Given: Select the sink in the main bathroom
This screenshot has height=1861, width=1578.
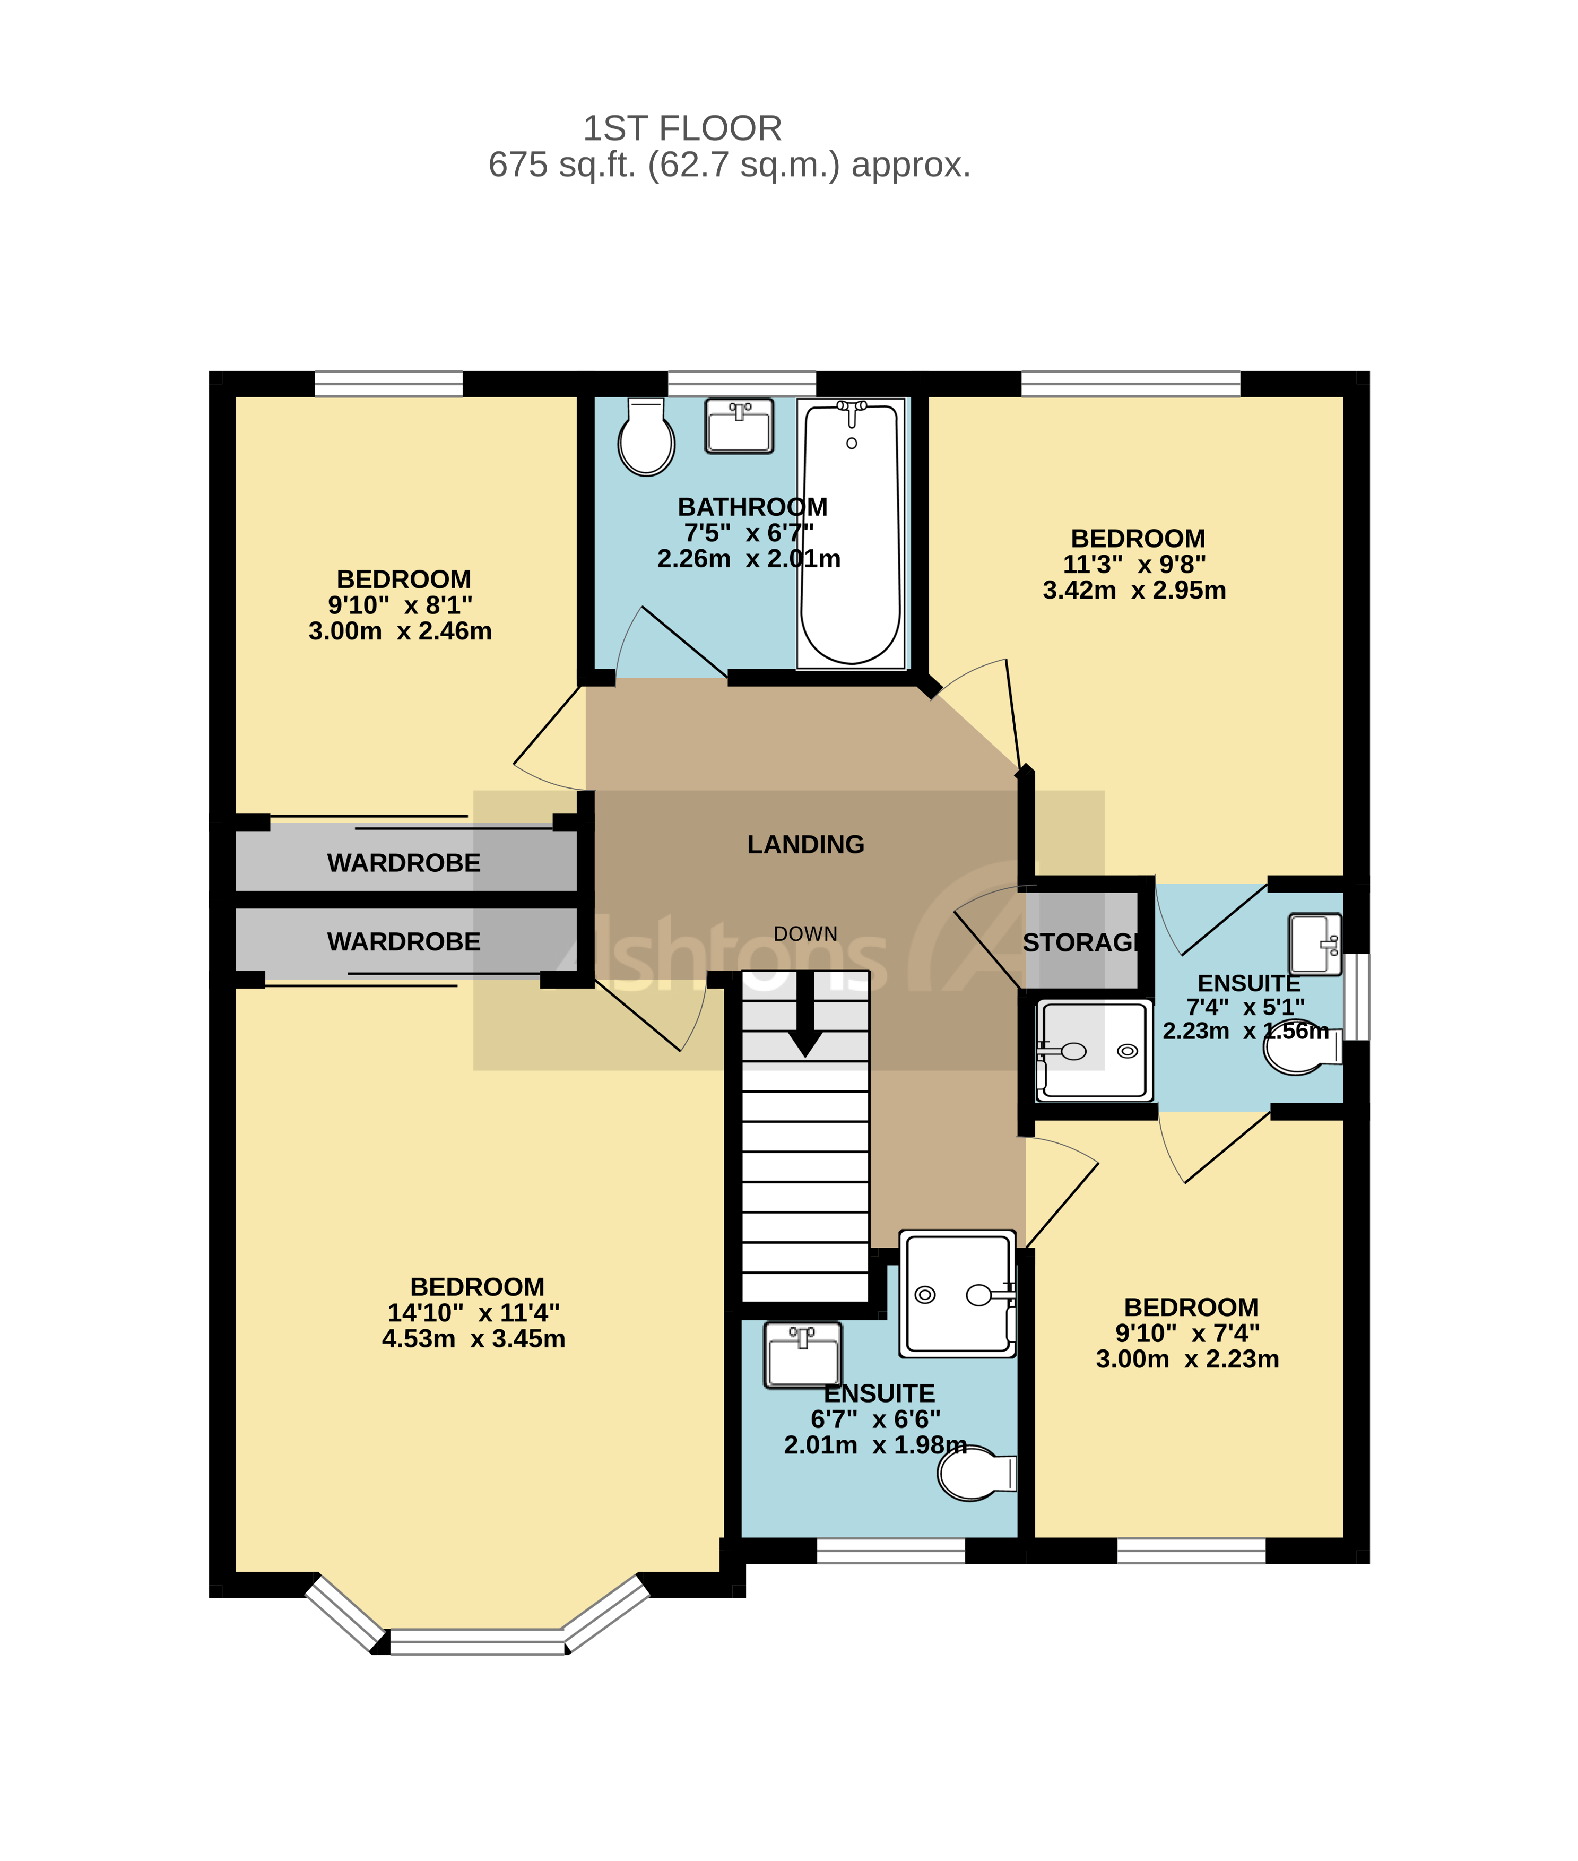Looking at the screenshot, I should [x=739, y=427].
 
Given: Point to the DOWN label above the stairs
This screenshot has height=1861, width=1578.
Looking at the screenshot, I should [x=805, y=934].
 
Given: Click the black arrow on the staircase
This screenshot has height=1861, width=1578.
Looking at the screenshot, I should [x=805, y=1016].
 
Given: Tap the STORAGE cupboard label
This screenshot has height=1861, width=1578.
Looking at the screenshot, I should [x=1081, y=943].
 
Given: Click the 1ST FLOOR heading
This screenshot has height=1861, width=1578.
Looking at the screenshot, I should [x=682, y=129].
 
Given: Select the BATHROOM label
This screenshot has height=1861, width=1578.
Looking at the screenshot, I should [x=752, y=507].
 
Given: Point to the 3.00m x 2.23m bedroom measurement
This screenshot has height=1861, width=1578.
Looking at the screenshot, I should [x=1187, y=1359].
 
